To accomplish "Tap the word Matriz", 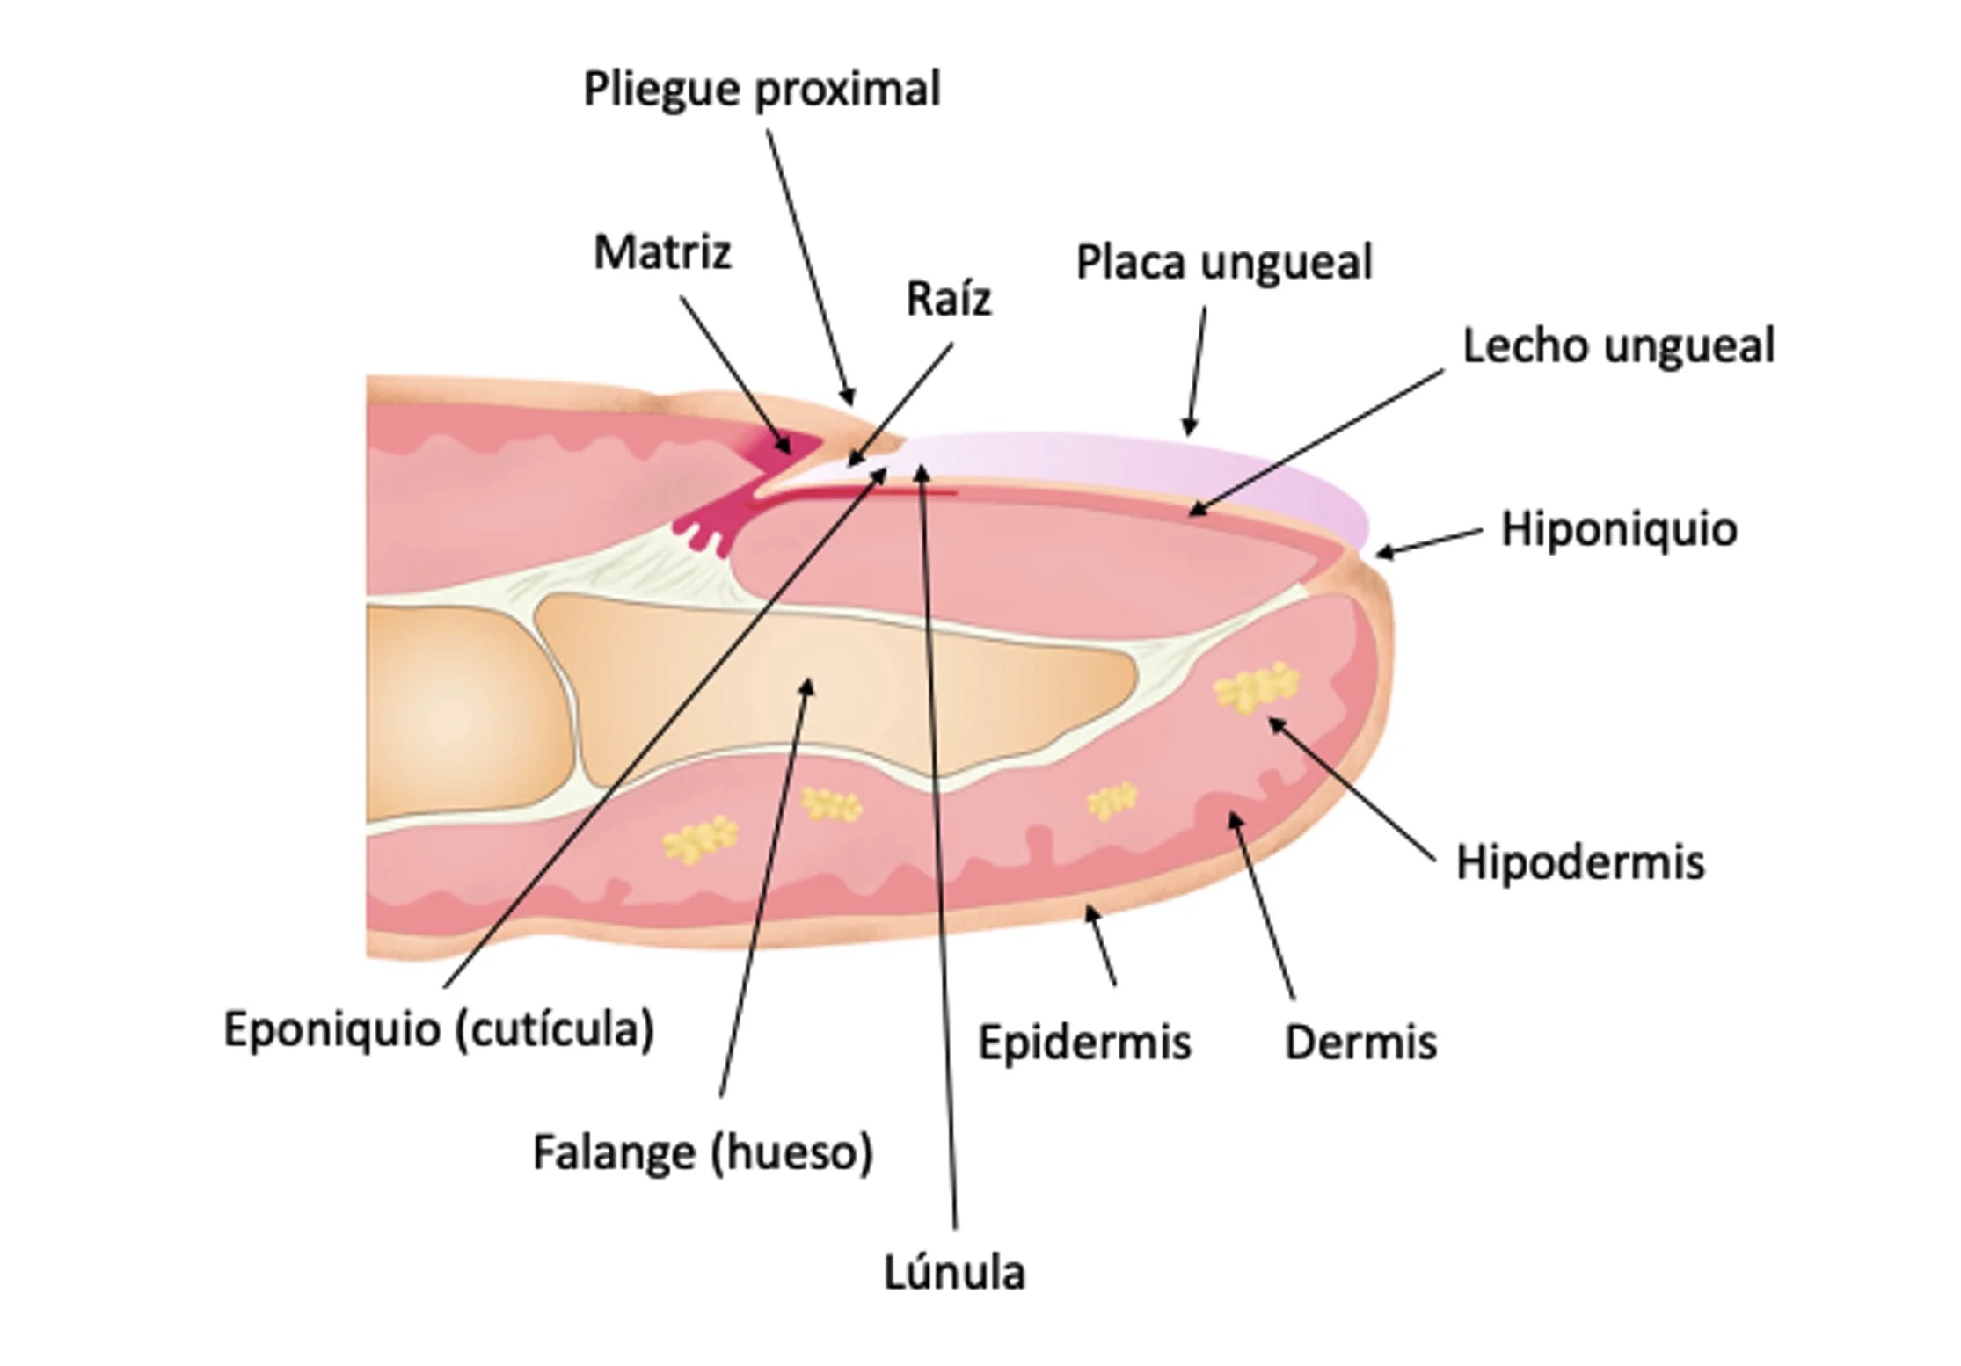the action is coord(662,252).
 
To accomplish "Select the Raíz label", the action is coord(948,299).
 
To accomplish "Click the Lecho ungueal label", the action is coord(1618,346).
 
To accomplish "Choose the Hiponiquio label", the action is coord(1619,530).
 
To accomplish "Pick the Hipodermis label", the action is coord(1580,863).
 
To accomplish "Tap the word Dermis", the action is coord(1360,1043).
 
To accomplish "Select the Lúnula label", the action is coord(954,1273).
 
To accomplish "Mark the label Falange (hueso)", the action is coord(703,1153).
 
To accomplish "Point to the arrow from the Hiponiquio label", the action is coord(1429,542).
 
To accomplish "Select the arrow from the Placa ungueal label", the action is coord(1196,371).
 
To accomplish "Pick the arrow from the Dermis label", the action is coord(1262,905).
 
